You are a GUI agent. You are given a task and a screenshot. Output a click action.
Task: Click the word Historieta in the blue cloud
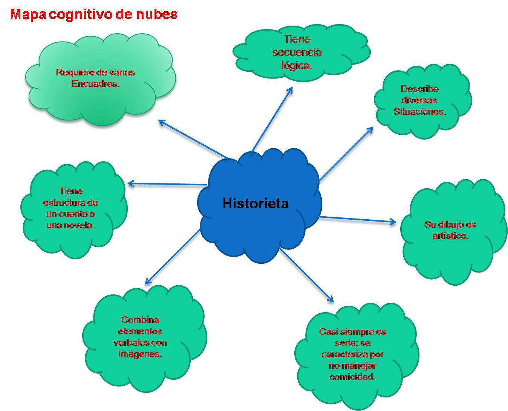pyautogui.click(x=256, y=203)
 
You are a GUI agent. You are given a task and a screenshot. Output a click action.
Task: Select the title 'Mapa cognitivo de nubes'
pyautogui.click(x=94, y=14)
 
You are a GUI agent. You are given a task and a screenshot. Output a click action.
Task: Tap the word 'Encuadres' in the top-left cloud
pyautogui.click(x=95, y=83)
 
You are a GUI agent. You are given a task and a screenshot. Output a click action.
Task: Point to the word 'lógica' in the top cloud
pyautogui.click(x=296, y=65)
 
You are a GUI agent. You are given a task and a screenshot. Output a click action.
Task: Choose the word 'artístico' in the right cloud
pyautogui.click(x=450, y=236)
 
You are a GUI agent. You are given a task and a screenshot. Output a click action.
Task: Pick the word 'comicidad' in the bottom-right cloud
pyautogui.click(x=352, y=377)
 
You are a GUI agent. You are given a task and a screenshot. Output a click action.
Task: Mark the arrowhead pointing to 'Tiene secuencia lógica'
pyautogui.click(x=291, y=89)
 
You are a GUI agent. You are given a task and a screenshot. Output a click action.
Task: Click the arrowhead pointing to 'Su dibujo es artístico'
pyautogui.click(x=394, y=222)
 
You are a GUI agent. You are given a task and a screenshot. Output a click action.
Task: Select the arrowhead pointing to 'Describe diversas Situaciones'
pyautogui.click(x=371, y=129)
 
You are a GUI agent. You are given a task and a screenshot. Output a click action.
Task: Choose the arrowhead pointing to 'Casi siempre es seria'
pyautogui.click(x=331, y=300)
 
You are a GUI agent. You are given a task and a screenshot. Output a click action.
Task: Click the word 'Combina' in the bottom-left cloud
pyautogui.click(x=140, y=320)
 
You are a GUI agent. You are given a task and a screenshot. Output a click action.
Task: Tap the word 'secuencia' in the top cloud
pyautogui.click(x=297, y=52)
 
